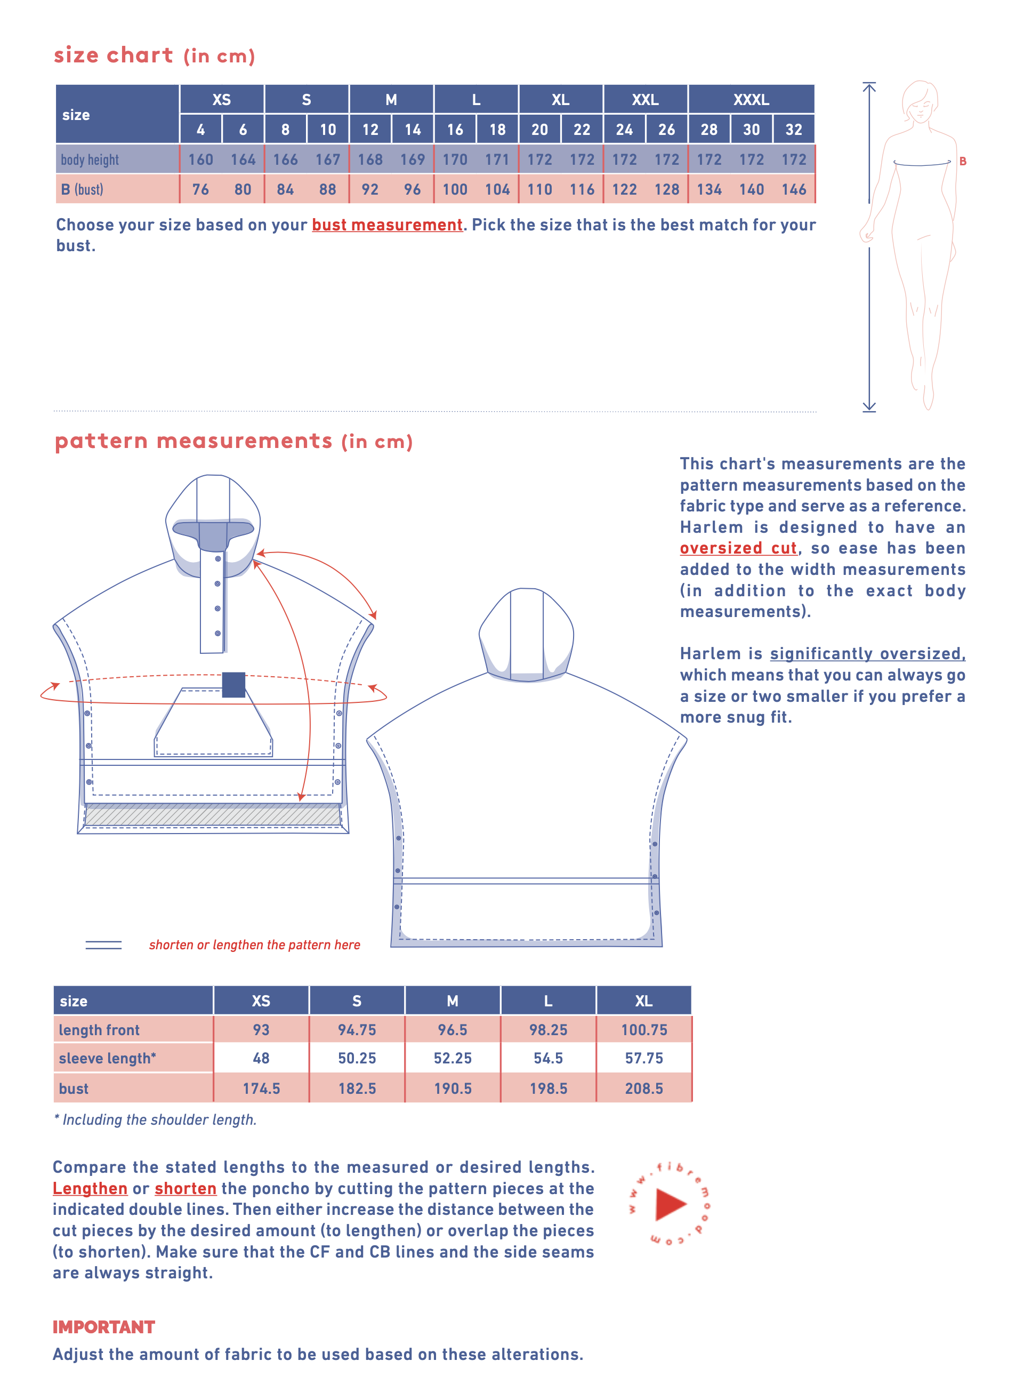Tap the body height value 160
coord(200,159)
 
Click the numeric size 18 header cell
coord(497,130)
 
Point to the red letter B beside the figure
coord(963,161)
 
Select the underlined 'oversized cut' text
coord(738,548)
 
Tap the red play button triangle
coord(670,1204)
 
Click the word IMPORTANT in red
coord(104,1327)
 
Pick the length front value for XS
coord(261,1029)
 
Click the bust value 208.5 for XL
coord(643,1088)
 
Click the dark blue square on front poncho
coord(233,684)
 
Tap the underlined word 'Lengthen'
coord(90,1189)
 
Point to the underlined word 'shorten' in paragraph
coord(186,1189)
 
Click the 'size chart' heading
coord(114,55)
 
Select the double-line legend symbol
coord(104,945)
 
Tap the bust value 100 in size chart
coord(455,189)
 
